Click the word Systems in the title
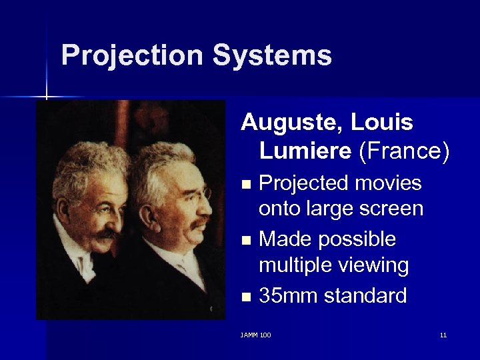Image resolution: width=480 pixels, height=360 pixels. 272,55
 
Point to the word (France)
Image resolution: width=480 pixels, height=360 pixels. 404,151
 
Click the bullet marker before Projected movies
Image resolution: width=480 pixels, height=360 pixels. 247,184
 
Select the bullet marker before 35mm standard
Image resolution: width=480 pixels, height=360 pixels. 247,296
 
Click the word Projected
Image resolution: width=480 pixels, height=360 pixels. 305,183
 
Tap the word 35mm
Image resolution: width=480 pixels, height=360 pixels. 285,295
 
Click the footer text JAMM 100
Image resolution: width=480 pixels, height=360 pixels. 255,335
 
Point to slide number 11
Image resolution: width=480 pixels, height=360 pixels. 443,335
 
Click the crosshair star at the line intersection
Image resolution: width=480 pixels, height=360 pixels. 47,97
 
